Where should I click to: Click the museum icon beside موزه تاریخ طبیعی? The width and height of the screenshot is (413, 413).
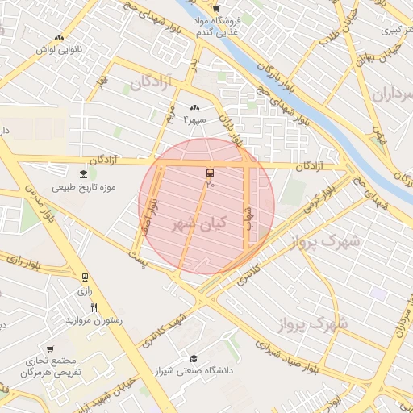click(x=85, y=175)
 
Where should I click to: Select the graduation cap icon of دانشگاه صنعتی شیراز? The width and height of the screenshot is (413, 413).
click(x=193, y=358)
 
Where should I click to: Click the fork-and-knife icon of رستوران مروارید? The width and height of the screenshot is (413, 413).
click(x=94, y=307)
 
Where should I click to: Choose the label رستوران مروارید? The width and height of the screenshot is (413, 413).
click(x=96, y=320)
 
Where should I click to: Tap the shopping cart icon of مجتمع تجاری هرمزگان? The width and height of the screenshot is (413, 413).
click(x=51, y=349)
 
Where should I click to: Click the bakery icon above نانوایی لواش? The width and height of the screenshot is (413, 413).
click(x=58, y=37)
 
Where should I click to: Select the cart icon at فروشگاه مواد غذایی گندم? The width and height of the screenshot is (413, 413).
click(x=216, y=9)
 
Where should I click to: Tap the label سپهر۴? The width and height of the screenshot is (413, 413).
click(x=195, y=119)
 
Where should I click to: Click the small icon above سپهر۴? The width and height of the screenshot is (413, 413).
click(x=194, y=107)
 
